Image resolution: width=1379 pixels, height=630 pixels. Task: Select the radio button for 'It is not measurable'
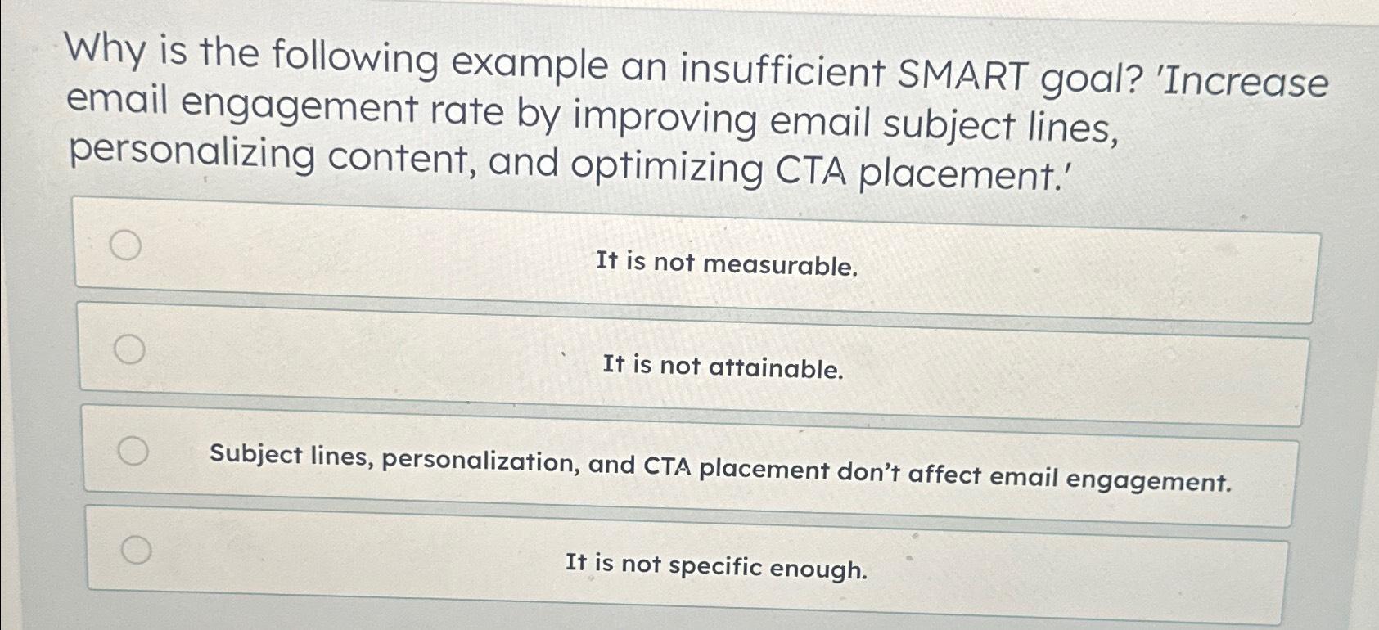(125, 245)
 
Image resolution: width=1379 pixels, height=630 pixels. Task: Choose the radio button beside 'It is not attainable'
(129, 349)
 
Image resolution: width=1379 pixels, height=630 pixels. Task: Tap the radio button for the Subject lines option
(133, 451)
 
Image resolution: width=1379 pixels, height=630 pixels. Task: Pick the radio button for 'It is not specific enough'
(137, 550)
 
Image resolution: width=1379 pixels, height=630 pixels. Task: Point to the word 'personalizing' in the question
(192, 153)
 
